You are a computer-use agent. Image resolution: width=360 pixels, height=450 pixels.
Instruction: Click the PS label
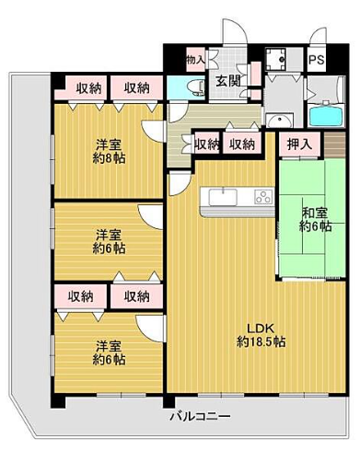tap(317, 59)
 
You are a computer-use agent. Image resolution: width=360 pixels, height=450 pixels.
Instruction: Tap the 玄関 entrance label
tap(227, 81)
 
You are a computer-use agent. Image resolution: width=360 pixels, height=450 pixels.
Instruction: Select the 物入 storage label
tap(195, 59)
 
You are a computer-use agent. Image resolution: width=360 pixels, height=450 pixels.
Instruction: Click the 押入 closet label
tap(299, 144)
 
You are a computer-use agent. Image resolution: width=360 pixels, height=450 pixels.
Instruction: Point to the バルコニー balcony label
tap(201, 416)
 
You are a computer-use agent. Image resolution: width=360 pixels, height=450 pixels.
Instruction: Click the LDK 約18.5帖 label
tap(261, 335)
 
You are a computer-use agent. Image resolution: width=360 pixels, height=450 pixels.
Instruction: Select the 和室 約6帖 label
tap(315, 219)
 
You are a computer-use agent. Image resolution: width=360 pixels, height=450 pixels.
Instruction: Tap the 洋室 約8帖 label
tap(110, 151)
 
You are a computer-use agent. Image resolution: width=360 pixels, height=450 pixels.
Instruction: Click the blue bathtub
tap(325, 116)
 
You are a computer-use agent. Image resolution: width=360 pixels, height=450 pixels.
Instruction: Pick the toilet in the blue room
tap(195, 86)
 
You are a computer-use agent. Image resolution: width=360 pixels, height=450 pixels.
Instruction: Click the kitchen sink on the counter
tap(223, 197)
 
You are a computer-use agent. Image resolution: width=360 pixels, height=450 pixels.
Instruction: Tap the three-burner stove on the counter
tap(263, 197)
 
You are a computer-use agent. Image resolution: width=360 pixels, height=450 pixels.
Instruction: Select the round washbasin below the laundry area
tap(280, 121)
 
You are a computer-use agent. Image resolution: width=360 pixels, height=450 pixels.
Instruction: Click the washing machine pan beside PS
tap(275, 59)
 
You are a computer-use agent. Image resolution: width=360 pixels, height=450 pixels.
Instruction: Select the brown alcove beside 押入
tap(335, 144)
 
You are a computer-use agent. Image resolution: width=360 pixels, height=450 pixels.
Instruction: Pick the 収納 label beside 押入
tap(242, 144)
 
